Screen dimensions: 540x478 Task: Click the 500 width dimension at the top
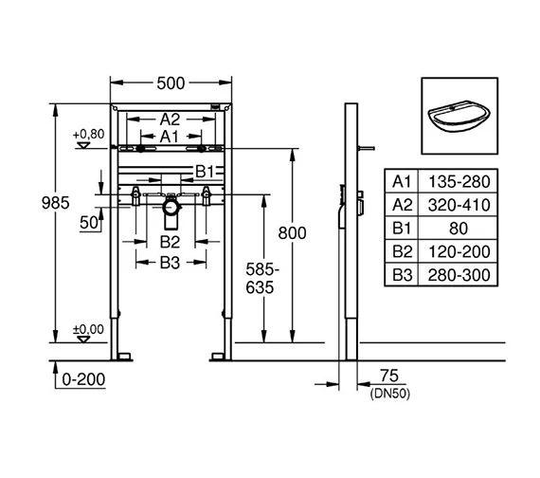pos(171,83)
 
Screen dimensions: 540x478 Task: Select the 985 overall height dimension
pos(56,203)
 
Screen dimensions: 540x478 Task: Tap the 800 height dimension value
pos(292,233)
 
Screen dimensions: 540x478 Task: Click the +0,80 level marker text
pos(88,134)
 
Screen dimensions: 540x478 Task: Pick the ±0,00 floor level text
pos(88,329)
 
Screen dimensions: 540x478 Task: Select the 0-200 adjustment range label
pos(83,379)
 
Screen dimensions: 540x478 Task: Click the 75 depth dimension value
pos(389,376)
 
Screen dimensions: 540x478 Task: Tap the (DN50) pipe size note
pos(390,394)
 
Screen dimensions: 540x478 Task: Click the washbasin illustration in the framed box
pos(459,116)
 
